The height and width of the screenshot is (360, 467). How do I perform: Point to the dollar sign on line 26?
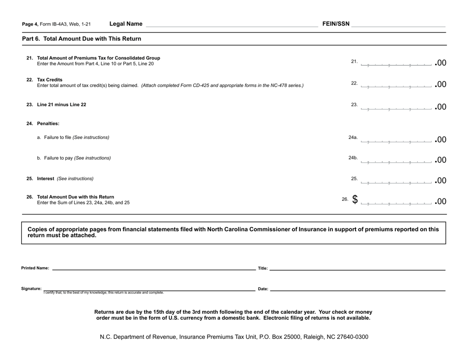pos(354,200)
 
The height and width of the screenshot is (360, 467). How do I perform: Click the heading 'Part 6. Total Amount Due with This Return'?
pos(82,39)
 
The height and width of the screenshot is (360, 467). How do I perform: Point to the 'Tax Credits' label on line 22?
pos(50,80)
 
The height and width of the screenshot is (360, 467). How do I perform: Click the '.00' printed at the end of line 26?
pos(440,201)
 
